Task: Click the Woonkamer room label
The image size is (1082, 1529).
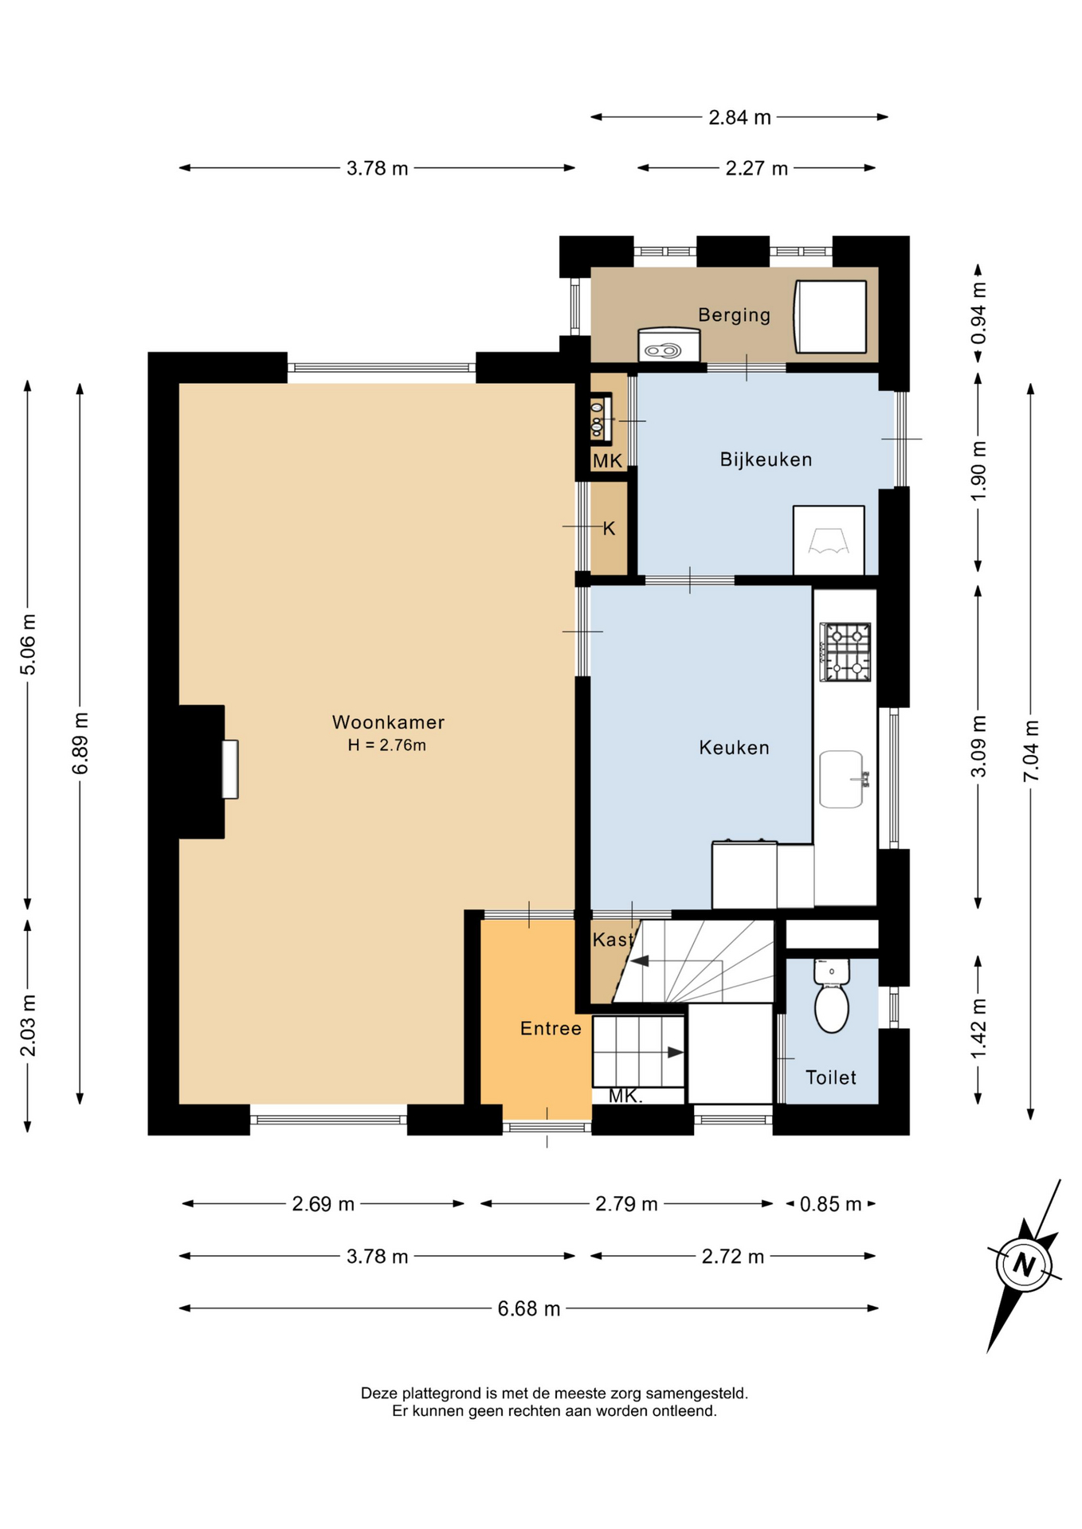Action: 388,722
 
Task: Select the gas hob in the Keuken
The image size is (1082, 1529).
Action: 845,652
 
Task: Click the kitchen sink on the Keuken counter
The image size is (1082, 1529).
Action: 843,779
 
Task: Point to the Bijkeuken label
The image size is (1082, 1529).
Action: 766,459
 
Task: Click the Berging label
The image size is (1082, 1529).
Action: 735,315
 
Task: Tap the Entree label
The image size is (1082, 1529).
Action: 551,1028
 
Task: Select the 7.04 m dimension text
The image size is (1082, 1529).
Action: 1031,751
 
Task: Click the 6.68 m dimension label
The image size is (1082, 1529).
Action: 529,1308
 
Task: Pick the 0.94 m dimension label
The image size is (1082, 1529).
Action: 978,313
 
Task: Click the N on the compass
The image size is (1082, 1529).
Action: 1024,1265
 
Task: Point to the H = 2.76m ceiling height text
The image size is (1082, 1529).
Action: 386,745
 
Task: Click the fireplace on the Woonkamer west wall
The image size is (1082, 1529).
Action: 229,769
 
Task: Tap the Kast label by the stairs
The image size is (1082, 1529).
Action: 613,940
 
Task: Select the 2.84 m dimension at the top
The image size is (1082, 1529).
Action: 739,118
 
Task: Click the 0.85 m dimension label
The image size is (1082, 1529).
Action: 831,1204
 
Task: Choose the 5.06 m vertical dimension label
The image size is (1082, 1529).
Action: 28,644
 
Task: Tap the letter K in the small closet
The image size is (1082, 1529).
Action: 609,529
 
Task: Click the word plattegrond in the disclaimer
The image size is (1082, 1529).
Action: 441,1394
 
